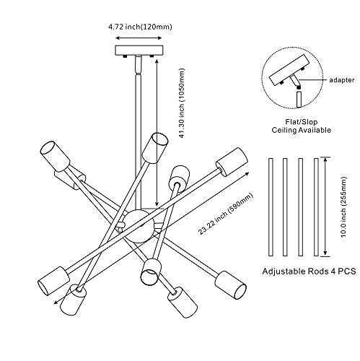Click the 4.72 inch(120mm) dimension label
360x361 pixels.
(x=140, y=27)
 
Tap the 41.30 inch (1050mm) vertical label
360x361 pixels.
(x=183, y=103)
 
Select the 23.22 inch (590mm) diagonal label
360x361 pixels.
(x=226, y=214)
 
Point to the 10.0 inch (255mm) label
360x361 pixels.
(x=344, y=206)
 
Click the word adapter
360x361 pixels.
(x=341, y=80)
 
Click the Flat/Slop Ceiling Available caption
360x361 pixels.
(x=302, y=126)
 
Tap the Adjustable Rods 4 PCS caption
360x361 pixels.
(x=309, y=271)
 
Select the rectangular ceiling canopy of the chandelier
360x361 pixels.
(x=139, y=51)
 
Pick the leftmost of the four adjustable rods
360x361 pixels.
(x=271, y=207)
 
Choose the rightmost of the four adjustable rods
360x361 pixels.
(x=317, y=207)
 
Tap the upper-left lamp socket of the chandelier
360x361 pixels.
(x=55, y=156)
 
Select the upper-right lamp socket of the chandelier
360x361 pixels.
(x=232, y=162)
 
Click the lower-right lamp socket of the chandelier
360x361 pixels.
(x=231, y=284)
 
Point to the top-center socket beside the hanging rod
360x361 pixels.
(x=154, y=148)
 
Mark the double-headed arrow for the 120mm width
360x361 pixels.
(x=139, y=38)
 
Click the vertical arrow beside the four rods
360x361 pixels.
(x=325, y=206)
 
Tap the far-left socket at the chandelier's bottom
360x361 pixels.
(x=54, y=281)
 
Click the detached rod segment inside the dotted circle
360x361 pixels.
(x=299, y=100)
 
